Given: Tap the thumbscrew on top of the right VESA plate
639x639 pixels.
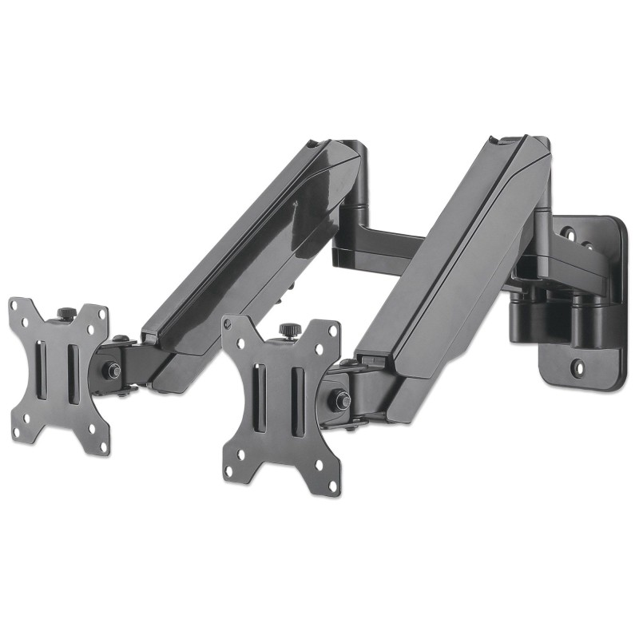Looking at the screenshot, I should pyautogui.click(x=285, y=329).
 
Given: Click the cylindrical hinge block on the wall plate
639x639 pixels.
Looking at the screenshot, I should pyautogui.click(x=543, y=308).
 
